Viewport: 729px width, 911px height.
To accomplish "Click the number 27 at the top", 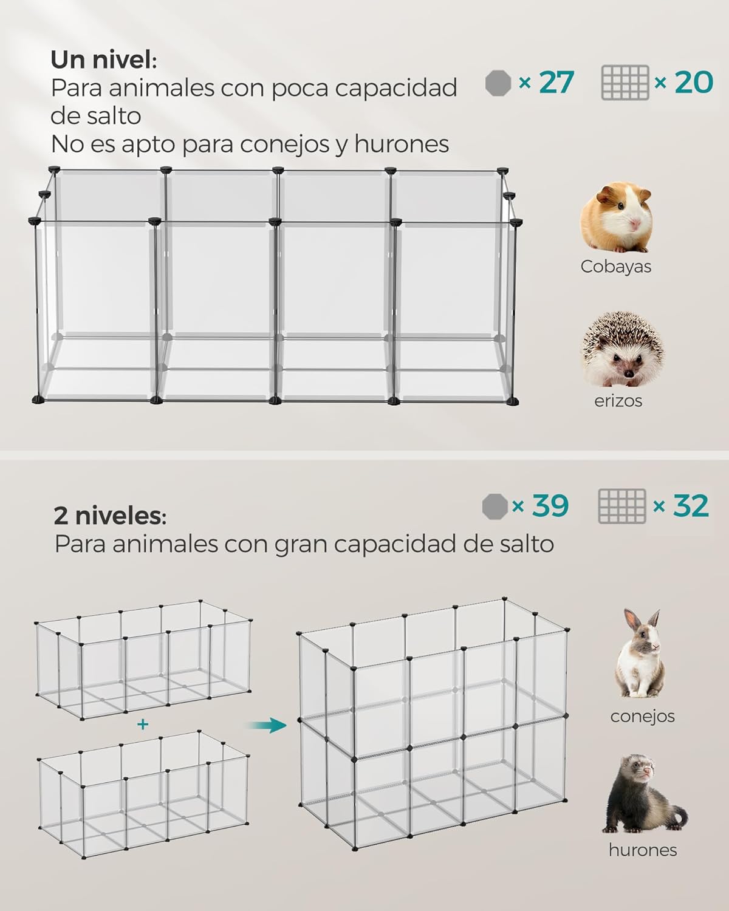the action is pyautogui.click(x=556, y=82).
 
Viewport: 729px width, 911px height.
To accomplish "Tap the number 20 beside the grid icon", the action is pyautogui.click(x=694, y=82).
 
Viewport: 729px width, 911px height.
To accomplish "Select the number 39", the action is pyautogui.click(x=550, y=505).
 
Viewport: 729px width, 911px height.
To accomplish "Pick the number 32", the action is pyautogui.click(x=691, y=505).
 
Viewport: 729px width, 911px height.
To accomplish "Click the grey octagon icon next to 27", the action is pyautogui.click(x=498, y=83).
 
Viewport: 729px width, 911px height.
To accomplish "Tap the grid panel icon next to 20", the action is pyautogui.click(x=625, y=83).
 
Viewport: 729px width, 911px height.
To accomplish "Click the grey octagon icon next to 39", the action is pyautogui.click(x=495, y=507).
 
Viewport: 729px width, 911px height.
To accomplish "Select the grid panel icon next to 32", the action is pyautogui.click(x=622, y=507).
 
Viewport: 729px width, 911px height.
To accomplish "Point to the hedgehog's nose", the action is pyautogui.click(x=629, y=374).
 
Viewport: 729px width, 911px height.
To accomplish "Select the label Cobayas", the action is pyautogui.click(x=616, y=267).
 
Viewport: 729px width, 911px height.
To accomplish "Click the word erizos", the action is pyautogui.click(x=618, y=401).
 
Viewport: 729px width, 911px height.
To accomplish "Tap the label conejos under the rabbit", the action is pyautogui.click(x=643, y=716).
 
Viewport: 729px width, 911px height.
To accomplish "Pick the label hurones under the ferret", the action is pyautogui.click(x=643, y=850).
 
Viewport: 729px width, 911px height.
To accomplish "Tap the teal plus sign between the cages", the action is pyautogui.click(x=143, y=725).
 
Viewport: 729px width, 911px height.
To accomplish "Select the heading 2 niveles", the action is pyautogui.click(x=110, y=516).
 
